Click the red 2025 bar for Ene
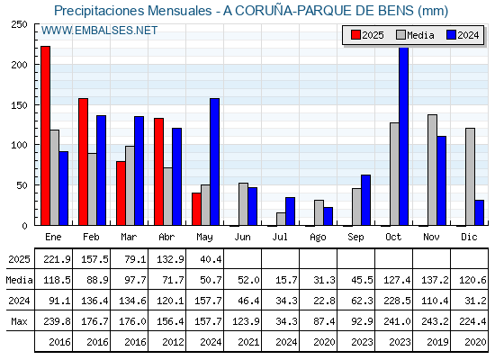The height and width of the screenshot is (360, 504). click(45, 136)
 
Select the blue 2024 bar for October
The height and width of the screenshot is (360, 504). click(404, 136)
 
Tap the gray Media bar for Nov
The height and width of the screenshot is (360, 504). click(432, 170)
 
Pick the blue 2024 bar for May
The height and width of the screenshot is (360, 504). click(215, 162)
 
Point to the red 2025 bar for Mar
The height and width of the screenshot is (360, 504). click(121, 193)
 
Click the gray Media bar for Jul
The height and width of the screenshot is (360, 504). click(281, 219)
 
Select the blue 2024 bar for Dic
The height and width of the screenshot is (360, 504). click(479, 212)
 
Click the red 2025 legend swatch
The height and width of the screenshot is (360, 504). click(355, 35)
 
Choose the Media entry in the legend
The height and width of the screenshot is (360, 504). click(415, 35)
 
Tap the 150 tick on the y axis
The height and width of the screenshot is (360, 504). click(19, 105)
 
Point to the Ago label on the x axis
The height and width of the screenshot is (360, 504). click(318, 238)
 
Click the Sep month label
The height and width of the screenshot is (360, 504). click(355, 237)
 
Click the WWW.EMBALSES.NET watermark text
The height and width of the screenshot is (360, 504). click(99, 31)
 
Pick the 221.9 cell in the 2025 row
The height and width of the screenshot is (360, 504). click(57, 259)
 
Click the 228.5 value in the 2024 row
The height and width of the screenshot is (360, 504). click(397, 301)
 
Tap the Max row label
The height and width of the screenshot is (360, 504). click(19, 321)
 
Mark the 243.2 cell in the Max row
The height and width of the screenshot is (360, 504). click(435, 321)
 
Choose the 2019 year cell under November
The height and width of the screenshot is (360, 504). click(437, 342)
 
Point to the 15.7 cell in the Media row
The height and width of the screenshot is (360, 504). click(286, 280)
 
